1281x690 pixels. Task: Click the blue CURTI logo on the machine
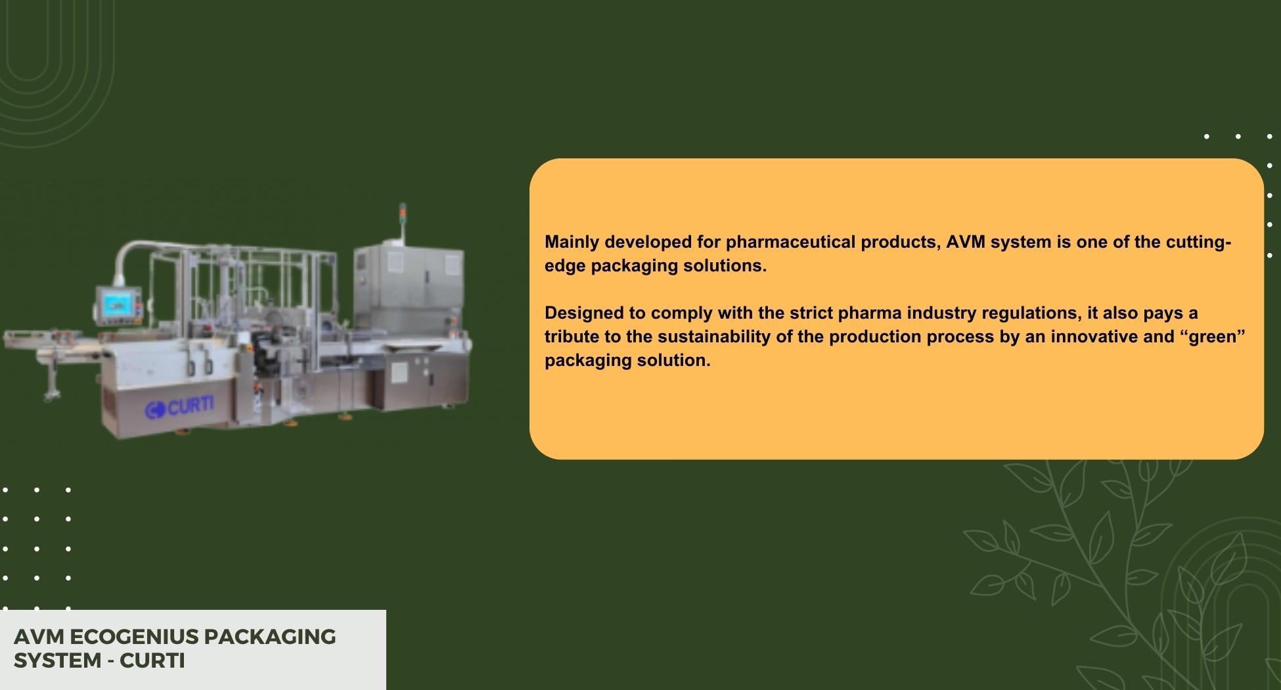pos(179,407)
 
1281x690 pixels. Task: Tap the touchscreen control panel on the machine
pos(118,304)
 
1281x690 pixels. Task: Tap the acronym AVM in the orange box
pos(966,242)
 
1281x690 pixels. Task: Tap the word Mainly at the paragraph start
pos(572,242)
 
